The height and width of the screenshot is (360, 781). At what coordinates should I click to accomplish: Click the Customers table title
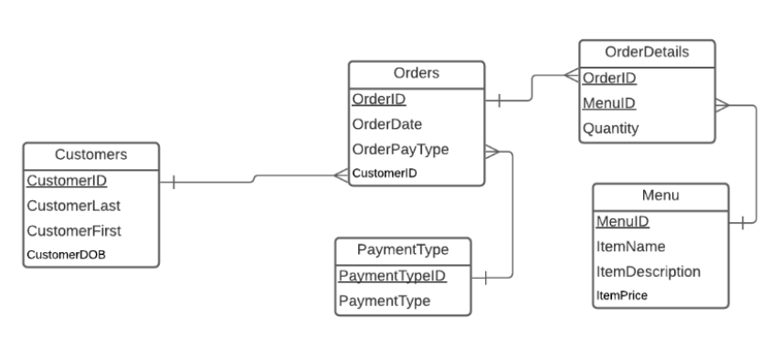point(90,155)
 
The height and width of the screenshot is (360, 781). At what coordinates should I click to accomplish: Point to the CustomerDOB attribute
point(66,255)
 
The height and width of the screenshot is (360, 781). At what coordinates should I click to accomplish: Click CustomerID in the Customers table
point(67,181)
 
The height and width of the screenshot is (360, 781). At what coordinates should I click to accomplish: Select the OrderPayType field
point(400,149)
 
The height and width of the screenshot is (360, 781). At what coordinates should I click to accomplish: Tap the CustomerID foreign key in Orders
point(385,173)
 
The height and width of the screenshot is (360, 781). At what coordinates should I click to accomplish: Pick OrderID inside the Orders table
point(379,99)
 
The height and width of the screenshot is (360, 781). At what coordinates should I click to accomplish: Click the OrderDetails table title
point(647,53)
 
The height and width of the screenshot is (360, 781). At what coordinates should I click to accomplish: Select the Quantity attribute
point(610,129)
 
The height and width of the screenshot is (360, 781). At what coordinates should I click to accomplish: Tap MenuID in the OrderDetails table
point(608,103)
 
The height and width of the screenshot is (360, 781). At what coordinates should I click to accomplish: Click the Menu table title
point(660,196)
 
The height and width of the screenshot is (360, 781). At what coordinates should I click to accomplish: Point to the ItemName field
point(630,247)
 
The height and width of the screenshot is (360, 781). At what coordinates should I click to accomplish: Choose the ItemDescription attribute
point(648,271)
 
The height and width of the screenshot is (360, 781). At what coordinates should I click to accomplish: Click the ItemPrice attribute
point(622,295)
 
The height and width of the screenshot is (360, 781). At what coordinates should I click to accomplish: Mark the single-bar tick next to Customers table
point(173,183)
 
